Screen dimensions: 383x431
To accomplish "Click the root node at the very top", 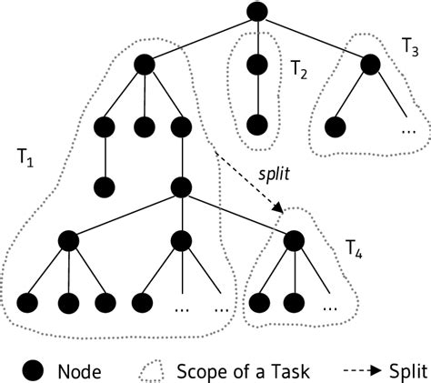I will coord(256,13).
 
